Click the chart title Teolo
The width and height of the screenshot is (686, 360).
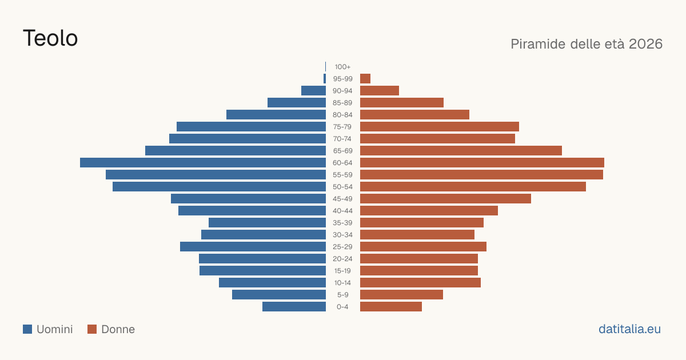[x=50, y=38]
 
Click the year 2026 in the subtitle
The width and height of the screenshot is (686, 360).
[x=645, y=44]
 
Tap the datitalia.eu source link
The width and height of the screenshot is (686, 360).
[x=629, y=329]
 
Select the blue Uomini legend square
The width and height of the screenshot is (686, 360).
[x=27, y=329]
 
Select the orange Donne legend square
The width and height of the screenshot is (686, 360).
[x=92, y=329]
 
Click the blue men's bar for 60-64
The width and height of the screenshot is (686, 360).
[x=203, y=162]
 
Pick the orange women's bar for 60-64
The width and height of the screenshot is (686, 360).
[x=482, y=162]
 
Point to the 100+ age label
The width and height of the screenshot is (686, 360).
[x=342, y=67]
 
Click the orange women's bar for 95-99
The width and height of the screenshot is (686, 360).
[x=365, y=79]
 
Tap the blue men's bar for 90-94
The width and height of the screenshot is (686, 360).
[x=314, y=91]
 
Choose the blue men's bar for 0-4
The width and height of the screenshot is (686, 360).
[x=294, y=307]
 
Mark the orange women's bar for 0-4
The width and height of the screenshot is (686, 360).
[x=391, y=307]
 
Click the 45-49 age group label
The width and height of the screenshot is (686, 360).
[x=342, y=199]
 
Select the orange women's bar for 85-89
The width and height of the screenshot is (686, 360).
[x=402, y=102]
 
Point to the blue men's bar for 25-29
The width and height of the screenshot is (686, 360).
[x=253, y=247]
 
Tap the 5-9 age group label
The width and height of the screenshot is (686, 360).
[x=342, y=295]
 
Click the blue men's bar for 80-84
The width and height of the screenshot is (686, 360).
[x=276, y=115]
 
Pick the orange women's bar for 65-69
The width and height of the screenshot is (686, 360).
[x=461, y=151]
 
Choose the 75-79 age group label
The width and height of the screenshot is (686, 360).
[x=342, y=127]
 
